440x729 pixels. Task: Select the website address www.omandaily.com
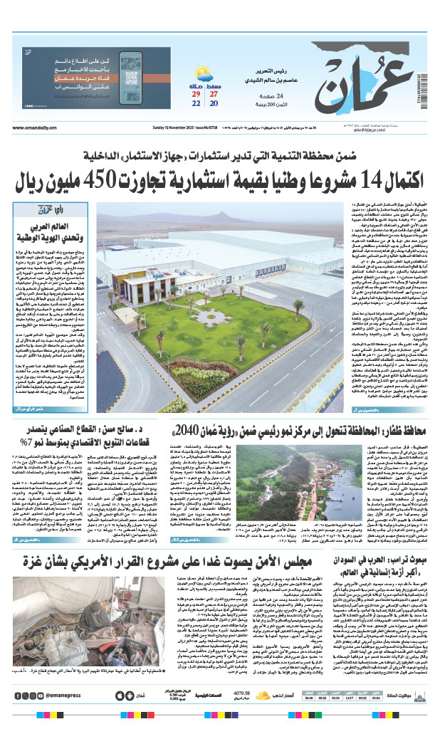coord(35,128)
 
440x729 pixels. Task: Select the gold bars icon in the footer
coord(262,695)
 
